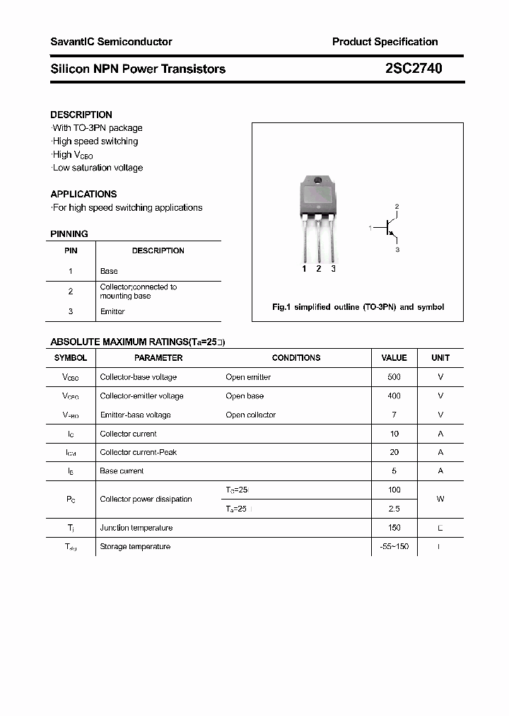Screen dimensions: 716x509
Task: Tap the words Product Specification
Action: [385, 42]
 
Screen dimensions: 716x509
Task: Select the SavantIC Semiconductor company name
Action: [111, 42]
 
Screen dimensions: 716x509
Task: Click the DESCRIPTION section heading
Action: [81, 115]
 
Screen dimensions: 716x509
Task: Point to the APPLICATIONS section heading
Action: [83, 194]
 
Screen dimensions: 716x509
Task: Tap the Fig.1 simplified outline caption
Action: [358, 307]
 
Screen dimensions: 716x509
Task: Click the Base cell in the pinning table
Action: [109, 271]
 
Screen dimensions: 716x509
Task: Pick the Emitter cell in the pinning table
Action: [112, 311]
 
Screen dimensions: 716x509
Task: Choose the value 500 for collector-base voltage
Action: [394, 377]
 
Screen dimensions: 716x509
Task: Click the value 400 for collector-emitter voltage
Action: [394, 396]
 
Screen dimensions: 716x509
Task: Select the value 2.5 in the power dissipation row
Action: [394, 509]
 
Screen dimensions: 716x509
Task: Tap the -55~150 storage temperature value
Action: [394, 546]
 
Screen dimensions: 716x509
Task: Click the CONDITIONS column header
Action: [296, 358]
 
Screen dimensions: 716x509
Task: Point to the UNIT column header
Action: [440, 358]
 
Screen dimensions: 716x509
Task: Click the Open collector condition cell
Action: [250, 415]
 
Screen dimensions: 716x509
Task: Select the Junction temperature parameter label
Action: [136, 528]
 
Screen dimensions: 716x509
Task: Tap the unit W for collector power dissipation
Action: [440, 499]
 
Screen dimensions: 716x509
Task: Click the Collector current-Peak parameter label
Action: [139, 452]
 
